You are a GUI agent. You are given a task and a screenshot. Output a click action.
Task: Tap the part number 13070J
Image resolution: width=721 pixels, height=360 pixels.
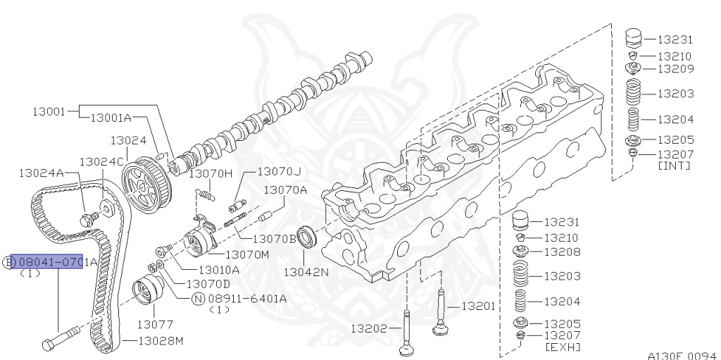(x=278, y=171)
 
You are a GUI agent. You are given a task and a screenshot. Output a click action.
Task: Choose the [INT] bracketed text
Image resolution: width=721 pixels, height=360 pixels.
(x=673, y=166)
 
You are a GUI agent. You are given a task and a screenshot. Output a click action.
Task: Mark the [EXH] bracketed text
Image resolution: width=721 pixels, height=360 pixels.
(x=563, y=347)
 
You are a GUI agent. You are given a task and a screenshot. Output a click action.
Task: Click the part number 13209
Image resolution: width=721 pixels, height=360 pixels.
(x=675, y=69)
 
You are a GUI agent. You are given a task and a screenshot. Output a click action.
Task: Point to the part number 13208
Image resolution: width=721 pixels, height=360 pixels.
(x=562, y=252)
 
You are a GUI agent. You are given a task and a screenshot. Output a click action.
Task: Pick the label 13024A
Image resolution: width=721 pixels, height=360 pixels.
(x=42, y=173)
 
